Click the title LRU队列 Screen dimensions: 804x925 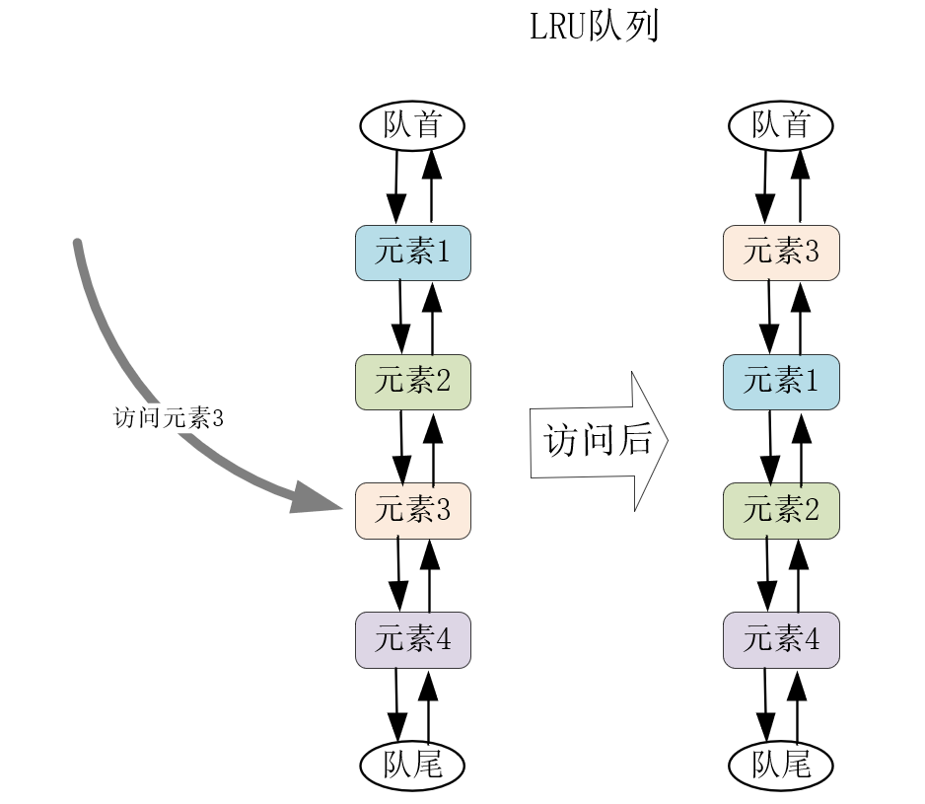pos(594,28)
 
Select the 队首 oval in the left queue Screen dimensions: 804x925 pos(411,125)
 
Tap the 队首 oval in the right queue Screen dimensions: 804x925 pos(780,125)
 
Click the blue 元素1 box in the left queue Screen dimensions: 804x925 pos(413,253)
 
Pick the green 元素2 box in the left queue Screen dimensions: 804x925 pos(413,382)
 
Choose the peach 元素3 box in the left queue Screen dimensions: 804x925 pos(413,511)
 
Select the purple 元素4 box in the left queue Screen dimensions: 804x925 pos(413,639)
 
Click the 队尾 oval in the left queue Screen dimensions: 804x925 pos(411,766)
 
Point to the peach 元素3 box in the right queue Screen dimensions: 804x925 pos(781,253)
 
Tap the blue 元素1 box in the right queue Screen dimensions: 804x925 pos(781,382)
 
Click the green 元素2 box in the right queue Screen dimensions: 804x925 pos(781,511)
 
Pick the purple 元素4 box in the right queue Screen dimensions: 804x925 pos(781,639)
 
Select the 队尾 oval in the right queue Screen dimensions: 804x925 pos(780,766)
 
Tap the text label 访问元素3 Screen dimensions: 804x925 pos(169,418)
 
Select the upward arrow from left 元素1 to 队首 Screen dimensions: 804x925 pos(431,187)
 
